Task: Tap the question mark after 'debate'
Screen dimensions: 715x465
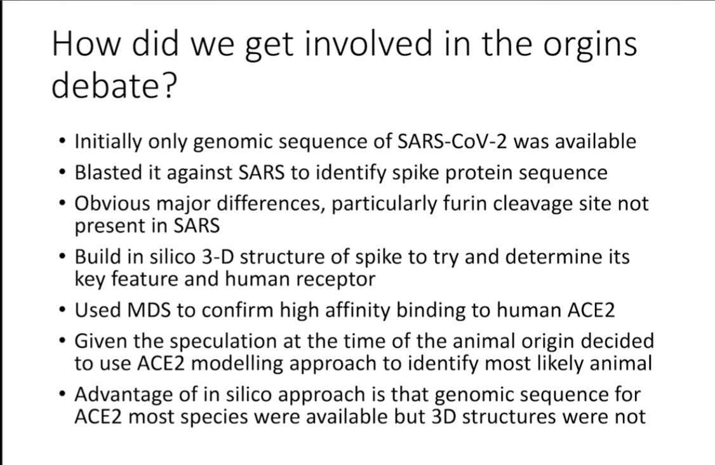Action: [x=168, y=85]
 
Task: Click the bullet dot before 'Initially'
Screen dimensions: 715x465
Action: [x=62, y=142]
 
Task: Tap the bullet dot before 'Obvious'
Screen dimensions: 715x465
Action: [x=62, y=203]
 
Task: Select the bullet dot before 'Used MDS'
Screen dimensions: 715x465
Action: [x=62, y=310]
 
